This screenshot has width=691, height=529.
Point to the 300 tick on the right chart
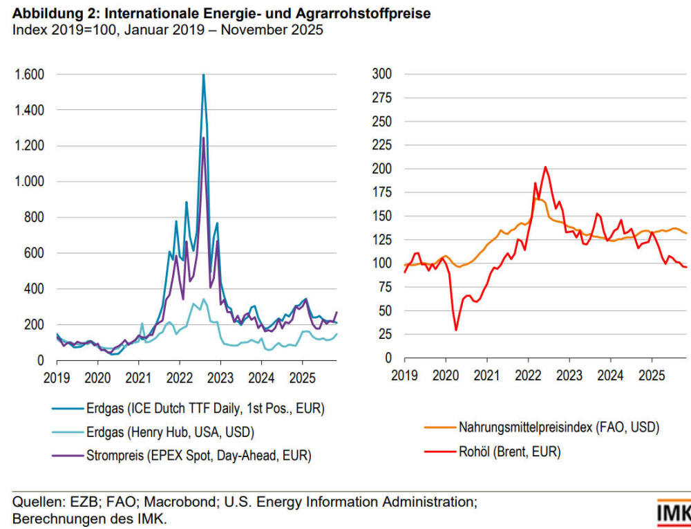point(382,74)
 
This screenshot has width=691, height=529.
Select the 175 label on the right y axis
point(382,122)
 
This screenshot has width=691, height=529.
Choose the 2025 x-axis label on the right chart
point(652,376)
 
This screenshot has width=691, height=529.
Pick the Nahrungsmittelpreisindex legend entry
point(558,428)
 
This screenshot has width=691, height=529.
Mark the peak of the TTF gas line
point(203,75)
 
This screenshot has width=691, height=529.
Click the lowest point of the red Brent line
point(456,330)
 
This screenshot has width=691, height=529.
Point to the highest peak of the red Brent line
point(545,167)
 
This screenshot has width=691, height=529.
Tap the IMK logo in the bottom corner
point(674,513)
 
